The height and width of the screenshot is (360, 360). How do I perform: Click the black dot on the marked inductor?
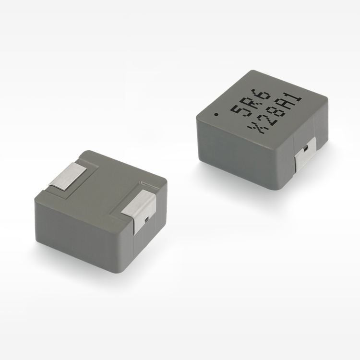216,114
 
